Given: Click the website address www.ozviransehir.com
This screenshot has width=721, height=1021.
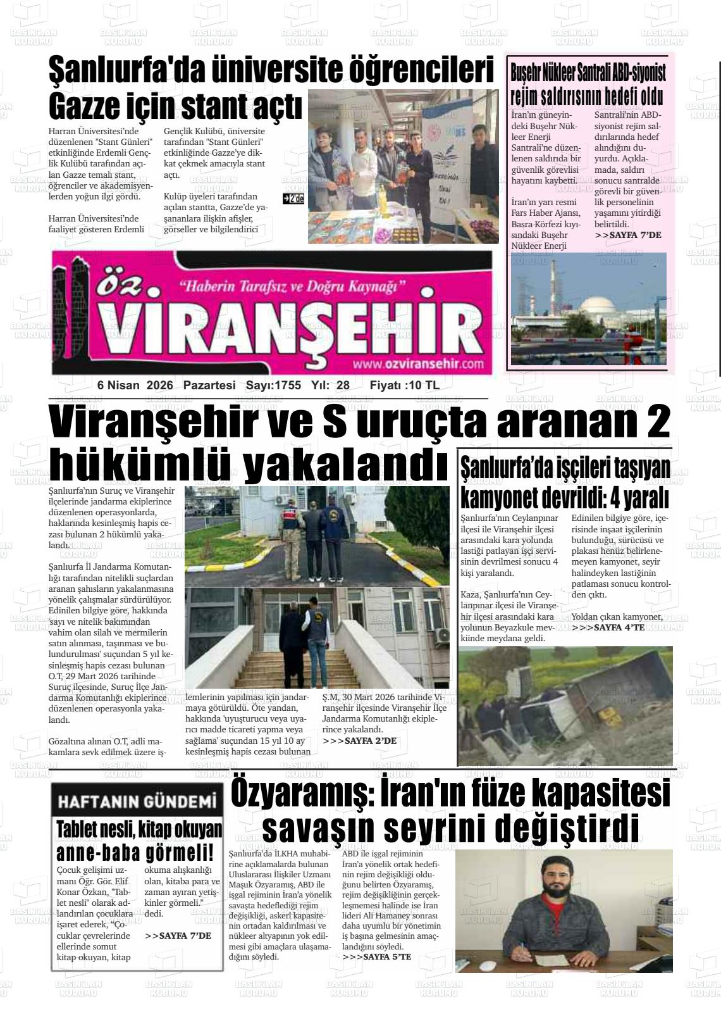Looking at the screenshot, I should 418,364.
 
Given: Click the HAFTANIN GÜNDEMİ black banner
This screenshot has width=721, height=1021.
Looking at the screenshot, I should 137,802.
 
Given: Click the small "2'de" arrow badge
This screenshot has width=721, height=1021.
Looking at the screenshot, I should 293,199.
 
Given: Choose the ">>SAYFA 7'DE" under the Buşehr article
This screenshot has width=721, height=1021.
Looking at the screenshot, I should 628,235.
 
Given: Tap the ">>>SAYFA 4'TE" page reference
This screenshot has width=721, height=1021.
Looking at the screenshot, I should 608,627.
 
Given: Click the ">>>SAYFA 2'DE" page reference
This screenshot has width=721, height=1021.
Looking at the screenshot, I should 359,741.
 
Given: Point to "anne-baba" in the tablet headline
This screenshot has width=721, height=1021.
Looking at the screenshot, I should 98,851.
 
